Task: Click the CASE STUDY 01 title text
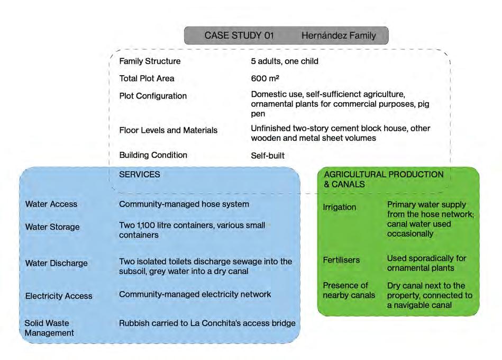point(239,36)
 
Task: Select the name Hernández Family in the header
point(339,36)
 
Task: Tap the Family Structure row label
point(150,61)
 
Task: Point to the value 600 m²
point(265,78)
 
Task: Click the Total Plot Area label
point(147,78)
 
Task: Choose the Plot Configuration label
point(153,96)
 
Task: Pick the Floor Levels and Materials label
point(168,130)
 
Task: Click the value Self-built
point(268,156)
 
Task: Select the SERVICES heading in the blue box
point(140,174)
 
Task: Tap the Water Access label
point(51,204)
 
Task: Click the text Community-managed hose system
point(184,204)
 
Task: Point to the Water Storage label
point(52,227)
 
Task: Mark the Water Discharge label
point(56,263)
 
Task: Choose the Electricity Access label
point(59,296)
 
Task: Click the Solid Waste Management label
point(49,328)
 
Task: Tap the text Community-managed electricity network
point(195,294)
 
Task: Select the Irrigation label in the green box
point(339,207)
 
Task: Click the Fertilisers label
point(341,260)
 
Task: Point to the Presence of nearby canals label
point(349,290)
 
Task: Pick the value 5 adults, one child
point(285,61)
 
